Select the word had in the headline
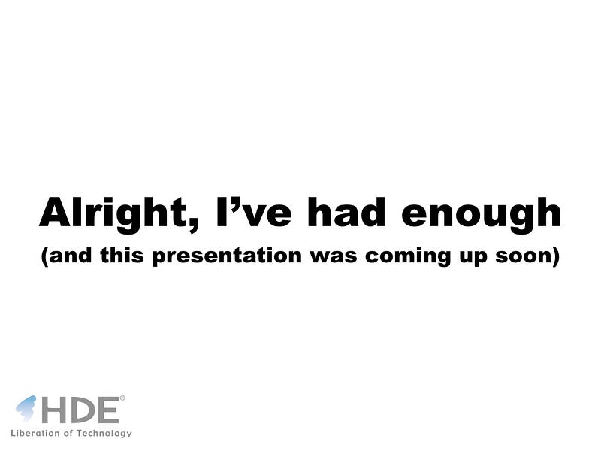[346, 212]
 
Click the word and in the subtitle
[71, 255]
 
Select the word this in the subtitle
[122, 255]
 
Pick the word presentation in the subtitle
[227, 256]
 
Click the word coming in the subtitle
[408, 256]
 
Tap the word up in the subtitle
[473, 258]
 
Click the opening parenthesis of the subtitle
[45, 256]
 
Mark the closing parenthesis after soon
[555, 256]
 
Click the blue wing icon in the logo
[26, 409]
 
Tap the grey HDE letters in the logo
[80, 410]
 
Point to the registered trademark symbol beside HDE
[122, 398]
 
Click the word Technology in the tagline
[104, 434]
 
